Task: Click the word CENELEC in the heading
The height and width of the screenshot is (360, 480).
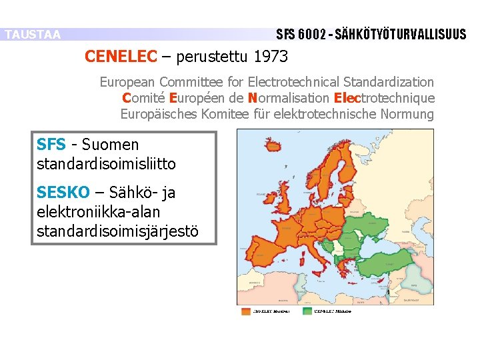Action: pyautogui.click(x=120, y=57)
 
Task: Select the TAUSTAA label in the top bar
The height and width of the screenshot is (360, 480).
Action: pyautogui.click(x=32, y=35)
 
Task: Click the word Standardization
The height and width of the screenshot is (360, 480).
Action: pyautogui.click(x=389, y=82)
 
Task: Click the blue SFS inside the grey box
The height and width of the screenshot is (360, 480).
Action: pyautogui.click(x=51, y=145)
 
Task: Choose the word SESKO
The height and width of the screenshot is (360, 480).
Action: pyautogui.click(x=63, y=193)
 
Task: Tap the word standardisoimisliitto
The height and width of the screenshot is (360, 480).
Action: pyautogui.click(x=106, y=163)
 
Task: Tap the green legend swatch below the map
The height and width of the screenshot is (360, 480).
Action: pyautogui.click(x=307, y=311)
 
